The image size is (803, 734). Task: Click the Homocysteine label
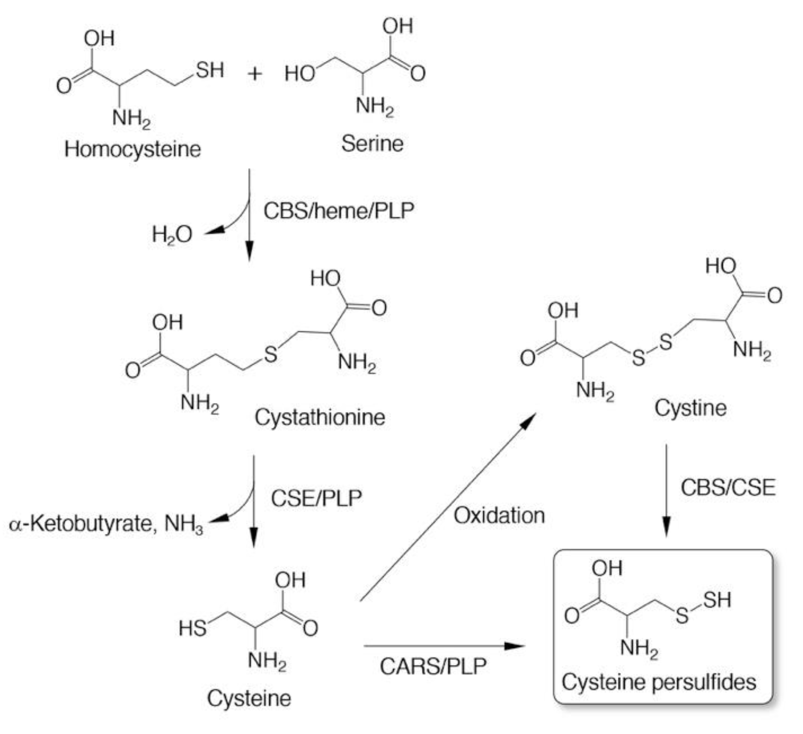[x=132, y=149]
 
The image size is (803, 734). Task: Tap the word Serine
[x=372, y=144]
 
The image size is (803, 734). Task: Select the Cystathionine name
[x=320, y=417]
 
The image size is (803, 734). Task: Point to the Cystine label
[x=690, y=408]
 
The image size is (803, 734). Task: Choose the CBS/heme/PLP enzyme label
[x=339, y=211]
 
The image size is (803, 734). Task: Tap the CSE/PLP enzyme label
[x=316, y=498]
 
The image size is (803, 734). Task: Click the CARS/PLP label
[x=433, y=666]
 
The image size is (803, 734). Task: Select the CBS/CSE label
[x=728, y=487]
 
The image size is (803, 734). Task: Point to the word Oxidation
[x=499, y=515]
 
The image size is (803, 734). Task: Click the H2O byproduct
[x=172, y=234]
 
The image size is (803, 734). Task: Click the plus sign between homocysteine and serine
[x=255, y=74]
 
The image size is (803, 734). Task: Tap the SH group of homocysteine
[x=210, y=70]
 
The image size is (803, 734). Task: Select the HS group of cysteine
[x=192, y=628]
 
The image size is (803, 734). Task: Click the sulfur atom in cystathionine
[x=271, y=354]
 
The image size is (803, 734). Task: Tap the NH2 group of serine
[x=375, y=106]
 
